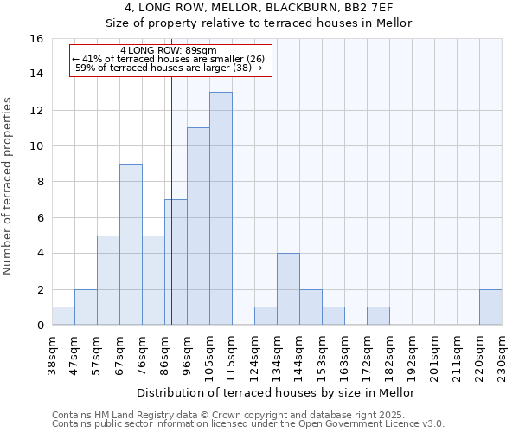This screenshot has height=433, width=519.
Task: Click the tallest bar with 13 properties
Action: (221, 209)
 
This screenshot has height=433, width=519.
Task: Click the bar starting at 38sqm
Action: (63, 316)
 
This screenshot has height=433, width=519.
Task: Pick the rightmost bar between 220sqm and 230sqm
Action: (490, 307)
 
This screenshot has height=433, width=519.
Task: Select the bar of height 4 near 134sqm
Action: (288, 289)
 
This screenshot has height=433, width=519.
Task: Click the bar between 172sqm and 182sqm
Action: (378, 316)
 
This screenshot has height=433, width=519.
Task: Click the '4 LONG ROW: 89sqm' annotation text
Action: (170, 50)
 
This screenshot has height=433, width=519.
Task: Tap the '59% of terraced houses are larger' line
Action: (170, 68)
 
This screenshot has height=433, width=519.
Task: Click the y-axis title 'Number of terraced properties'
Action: (8, 186)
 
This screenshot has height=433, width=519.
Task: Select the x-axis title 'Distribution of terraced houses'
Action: (277, 392)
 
